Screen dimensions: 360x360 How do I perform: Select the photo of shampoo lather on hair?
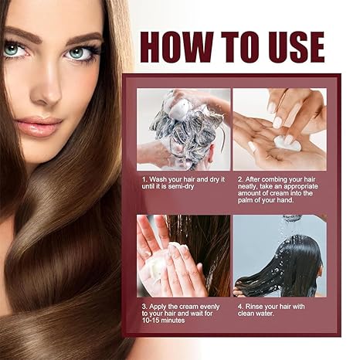[184, 129]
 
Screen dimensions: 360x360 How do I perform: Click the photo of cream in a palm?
[279, 129]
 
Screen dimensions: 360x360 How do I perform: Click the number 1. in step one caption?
[144, 178]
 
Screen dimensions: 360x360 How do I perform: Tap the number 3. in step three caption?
[144, 306]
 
